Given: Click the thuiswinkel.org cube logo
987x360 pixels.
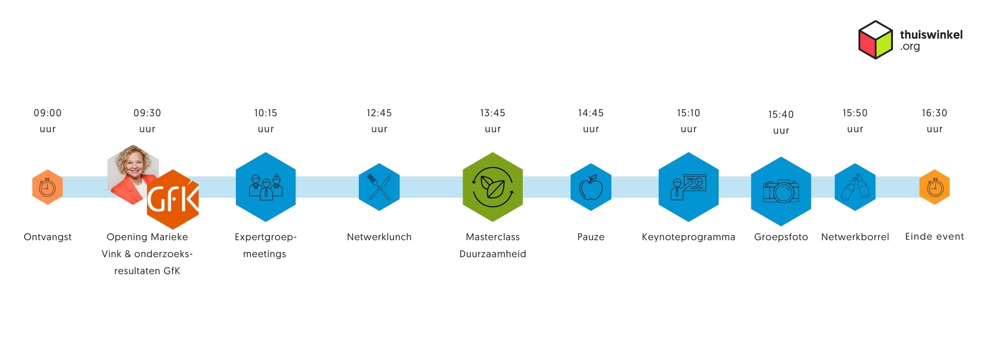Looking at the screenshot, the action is [875, 40].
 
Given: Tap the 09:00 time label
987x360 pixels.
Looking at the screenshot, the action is [48, 113].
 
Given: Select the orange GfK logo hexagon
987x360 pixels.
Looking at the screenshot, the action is [173, 200].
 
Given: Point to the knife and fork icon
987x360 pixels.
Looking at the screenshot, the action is [379, 187].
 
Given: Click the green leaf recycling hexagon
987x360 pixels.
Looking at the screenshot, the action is [492, 187].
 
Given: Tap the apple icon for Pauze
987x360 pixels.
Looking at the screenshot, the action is [591, 187].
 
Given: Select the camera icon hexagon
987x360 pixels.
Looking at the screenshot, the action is [781, 191].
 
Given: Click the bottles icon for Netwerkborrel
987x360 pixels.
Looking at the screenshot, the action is [855, 187].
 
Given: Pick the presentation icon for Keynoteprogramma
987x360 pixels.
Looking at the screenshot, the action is [688, 187].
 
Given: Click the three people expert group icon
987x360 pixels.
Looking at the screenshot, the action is [265, 187].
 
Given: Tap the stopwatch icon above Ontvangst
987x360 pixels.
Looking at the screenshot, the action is [47, 187].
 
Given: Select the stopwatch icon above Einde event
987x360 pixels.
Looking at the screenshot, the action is [935, 187].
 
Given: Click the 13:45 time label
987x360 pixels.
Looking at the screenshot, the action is [492, 113].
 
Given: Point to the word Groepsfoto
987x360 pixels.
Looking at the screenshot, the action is [781, 237].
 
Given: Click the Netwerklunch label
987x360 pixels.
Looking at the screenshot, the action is [379, 237].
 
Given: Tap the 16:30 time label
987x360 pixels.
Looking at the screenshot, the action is [935, 113].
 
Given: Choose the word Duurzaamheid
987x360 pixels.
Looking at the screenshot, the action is [492, 254].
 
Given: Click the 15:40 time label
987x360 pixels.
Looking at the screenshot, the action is [781, 115].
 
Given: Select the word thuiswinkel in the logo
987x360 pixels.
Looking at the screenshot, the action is [931, 34].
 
